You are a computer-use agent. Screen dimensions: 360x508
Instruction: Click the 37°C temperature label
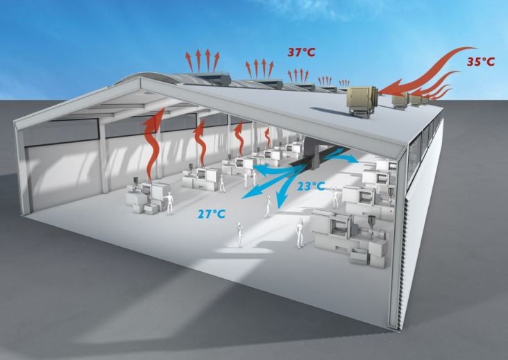(304, 51)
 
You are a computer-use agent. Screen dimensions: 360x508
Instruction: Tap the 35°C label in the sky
(480, 61)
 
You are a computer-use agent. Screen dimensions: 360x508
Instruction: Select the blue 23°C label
(310, 186)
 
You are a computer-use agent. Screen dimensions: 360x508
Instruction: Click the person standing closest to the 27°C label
(239, 233)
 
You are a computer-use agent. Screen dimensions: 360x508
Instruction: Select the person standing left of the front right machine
(300, 232)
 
